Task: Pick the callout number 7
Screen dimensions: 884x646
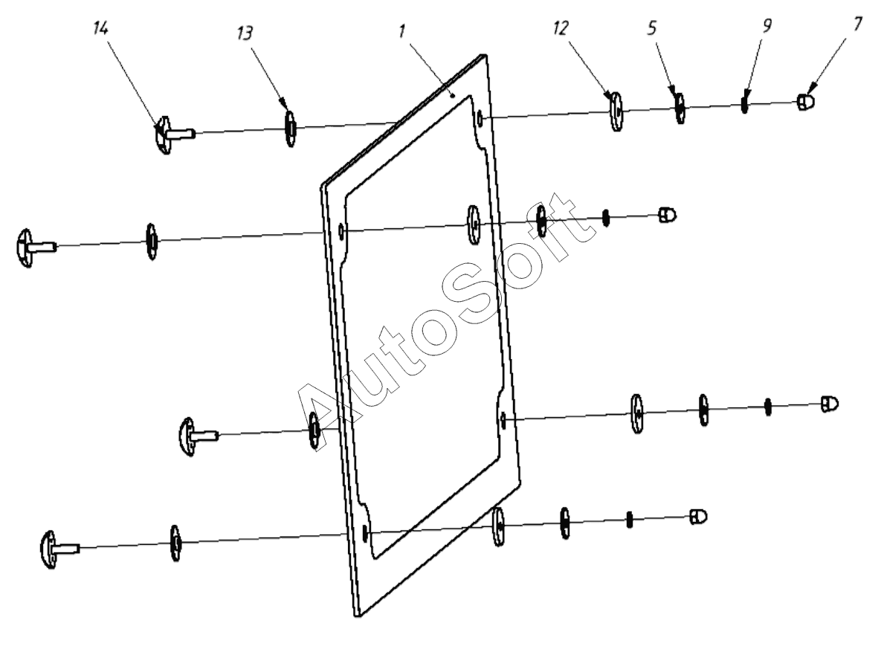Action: point(858,24)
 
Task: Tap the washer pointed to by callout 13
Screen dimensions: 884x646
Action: point(291,128)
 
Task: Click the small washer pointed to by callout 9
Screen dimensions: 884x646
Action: point(743,105)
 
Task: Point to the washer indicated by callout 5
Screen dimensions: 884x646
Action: point(679,109)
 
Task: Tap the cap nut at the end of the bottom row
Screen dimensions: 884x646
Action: point(698,516)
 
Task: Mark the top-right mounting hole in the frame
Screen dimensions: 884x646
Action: point(483,117)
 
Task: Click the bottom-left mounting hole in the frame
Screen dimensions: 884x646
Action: point(364,532)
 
